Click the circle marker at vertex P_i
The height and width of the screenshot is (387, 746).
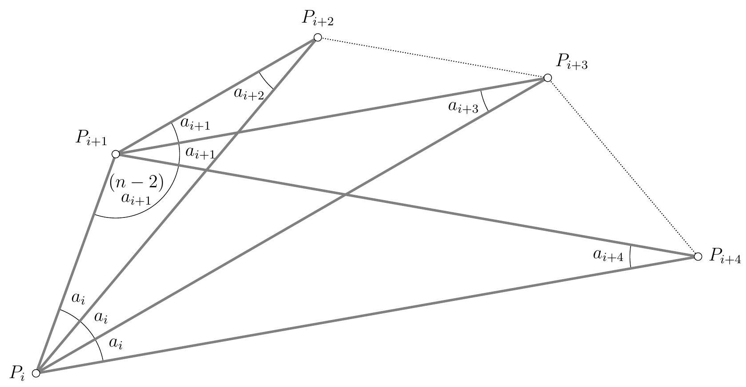(36, 372)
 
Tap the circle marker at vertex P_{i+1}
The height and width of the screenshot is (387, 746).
(116, 154)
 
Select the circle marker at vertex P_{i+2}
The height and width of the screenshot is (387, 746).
(317, 38)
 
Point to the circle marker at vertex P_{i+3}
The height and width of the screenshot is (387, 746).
(548, 78)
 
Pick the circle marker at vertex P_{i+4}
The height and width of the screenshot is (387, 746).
(698, 257)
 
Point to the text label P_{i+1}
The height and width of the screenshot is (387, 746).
(91, 138)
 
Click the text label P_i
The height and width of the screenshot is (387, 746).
(18, 373)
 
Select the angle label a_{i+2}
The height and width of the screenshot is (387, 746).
(249, 94)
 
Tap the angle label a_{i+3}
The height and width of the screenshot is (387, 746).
(463, 107)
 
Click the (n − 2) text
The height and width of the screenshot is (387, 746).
(136, 182)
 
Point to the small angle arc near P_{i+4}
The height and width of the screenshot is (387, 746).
(630, 257)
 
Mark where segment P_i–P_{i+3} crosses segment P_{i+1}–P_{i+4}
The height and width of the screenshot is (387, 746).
(345, 194)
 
